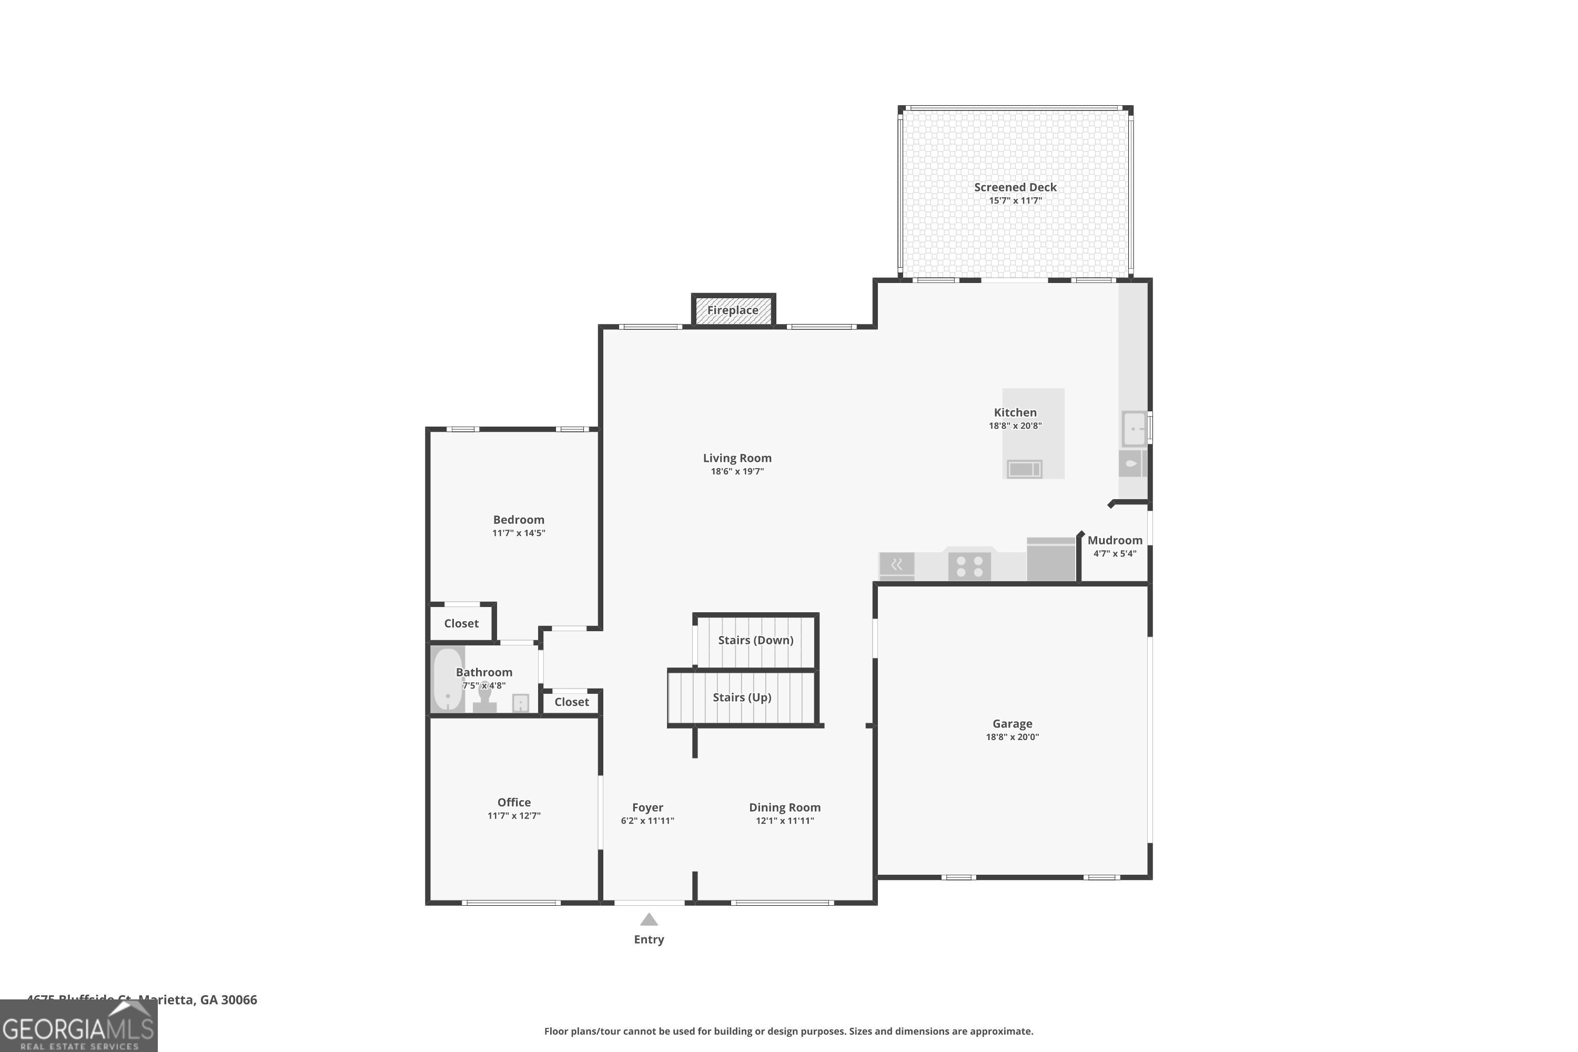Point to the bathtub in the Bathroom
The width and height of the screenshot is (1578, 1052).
[448, 679]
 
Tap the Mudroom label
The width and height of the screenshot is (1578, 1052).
[1115, 540]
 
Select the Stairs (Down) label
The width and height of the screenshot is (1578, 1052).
[755, 640]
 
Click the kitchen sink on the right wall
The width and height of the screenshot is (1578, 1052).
[1134, 428]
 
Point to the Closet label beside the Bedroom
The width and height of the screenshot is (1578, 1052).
[461, 623]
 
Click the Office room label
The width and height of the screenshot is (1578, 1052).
[514, 803]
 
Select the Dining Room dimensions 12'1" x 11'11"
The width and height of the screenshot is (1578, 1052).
[784, 821]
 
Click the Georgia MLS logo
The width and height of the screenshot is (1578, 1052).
[78, 1027]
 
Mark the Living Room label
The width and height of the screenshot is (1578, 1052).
[737, 458]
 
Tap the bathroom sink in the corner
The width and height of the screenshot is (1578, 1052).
[521, 702]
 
